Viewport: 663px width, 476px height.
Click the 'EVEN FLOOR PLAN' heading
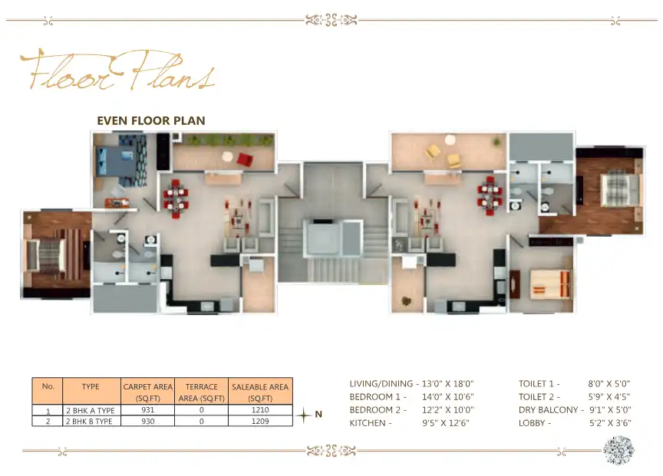tap(150, 120)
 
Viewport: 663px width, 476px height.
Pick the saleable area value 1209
tap(260, 421)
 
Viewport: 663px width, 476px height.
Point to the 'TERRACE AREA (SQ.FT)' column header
tap(201, 392)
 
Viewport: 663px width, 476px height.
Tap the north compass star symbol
tap(305, 415)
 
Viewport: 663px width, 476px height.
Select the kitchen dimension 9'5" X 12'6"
tap(445, 422)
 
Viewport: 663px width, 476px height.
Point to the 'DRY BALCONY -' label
tap(551, 409)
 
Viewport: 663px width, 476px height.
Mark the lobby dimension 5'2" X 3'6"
tap(610, 422)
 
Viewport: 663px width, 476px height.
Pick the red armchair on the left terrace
tap(244, 159)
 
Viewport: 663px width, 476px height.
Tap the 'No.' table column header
tap(48, 386)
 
